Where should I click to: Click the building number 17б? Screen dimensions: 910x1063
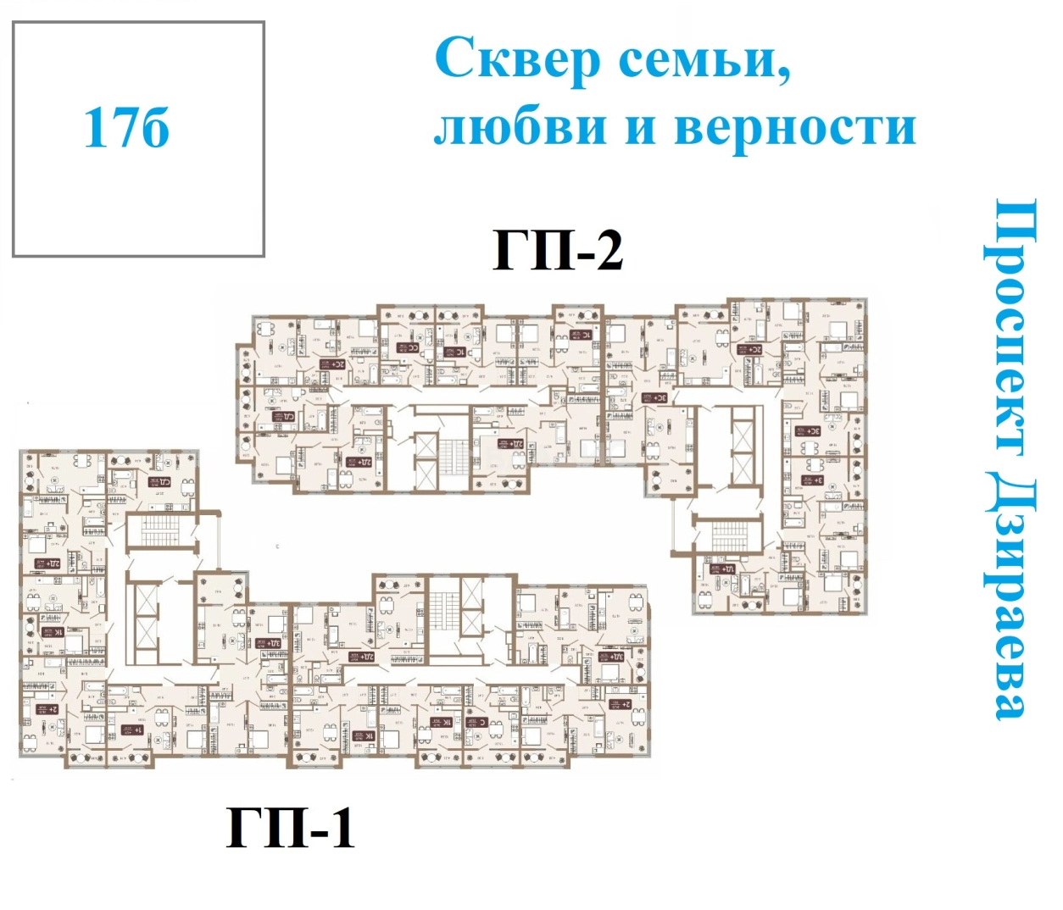pos(125,128)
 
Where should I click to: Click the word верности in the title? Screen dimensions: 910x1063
pos(795,127)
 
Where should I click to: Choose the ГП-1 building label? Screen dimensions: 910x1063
pos(290,828)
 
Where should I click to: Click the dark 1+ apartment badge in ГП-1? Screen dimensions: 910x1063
pos(133,730)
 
